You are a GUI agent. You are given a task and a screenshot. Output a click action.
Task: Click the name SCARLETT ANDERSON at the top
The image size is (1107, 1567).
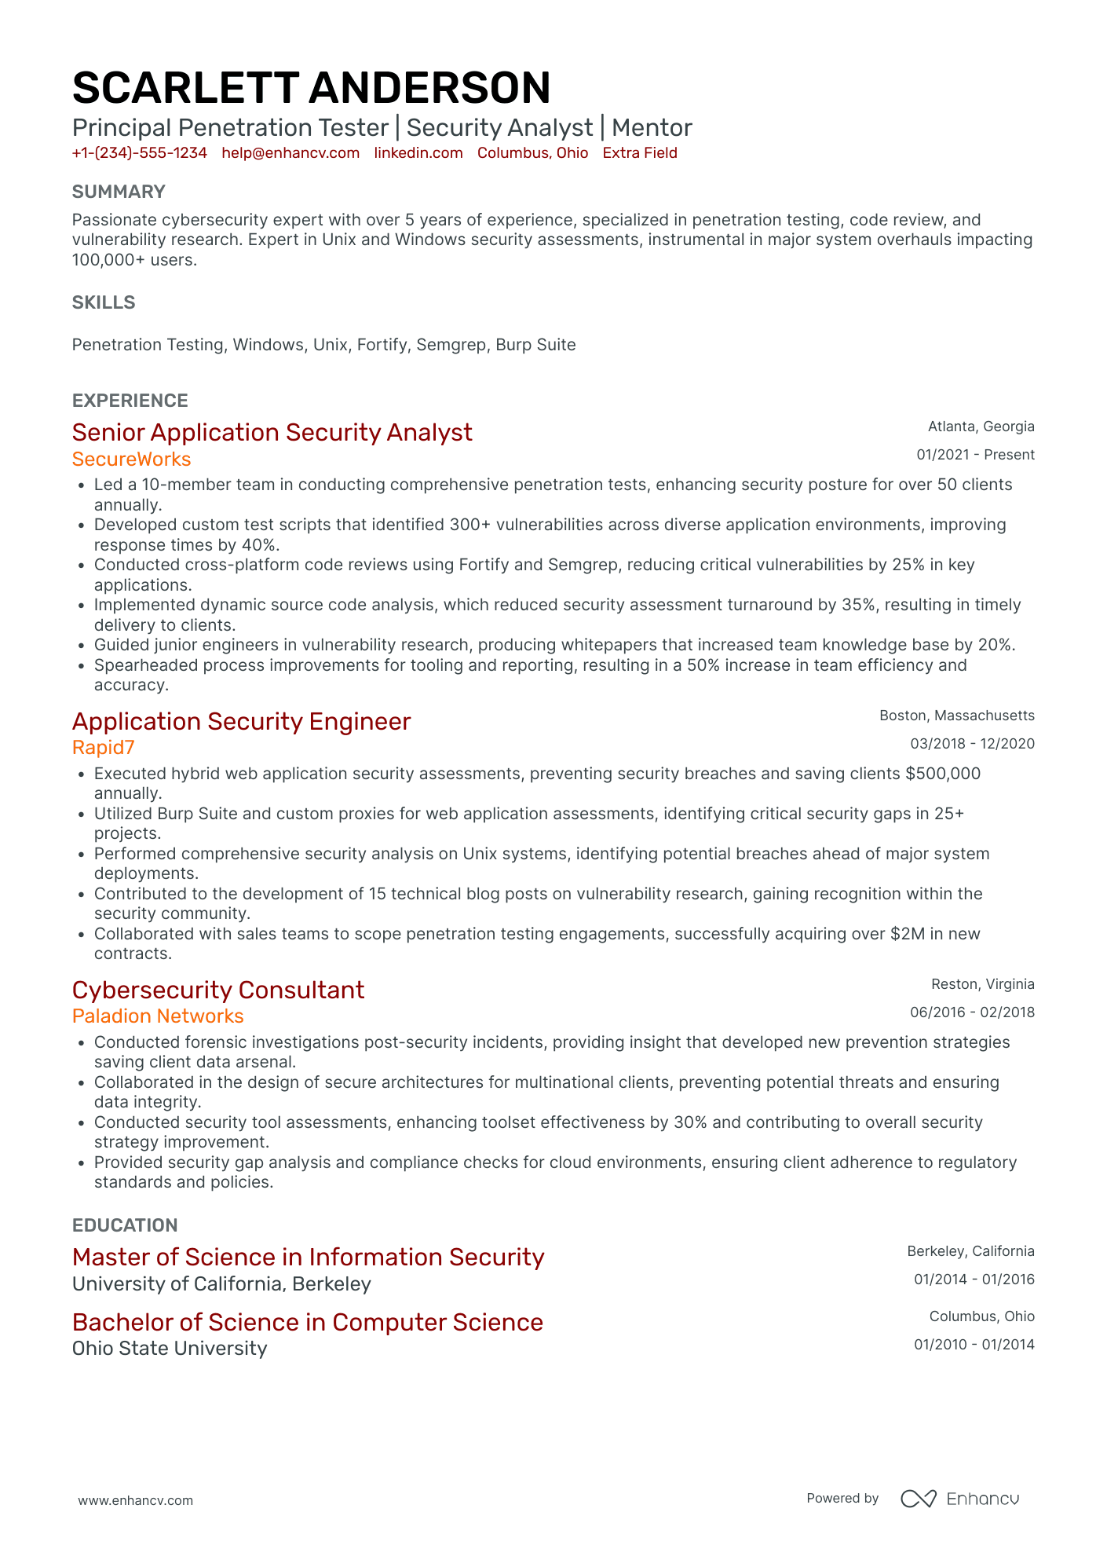311,88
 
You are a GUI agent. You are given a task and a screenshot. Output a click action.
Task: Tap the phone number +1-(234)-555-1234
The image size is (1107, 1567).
140,153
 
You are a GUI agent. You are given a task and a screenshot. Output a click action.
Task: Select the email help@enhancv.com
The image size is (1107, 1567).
290,153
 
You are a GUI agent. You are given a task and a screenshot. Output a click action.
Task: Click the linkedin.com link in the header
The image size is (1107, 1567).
418,153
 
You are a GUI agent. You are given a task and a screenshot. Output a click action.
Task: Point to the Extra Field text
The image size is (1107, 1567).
640,153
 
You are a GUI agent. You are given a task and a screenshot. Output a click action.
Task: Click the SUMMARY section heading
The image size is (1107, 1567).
119,192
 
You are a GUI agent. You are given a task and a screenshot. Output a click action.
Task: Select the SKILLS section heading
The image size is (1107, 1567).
104,302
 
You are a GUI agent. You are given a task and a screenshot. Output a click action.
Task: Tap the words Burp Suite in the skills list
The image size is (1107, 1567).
535,345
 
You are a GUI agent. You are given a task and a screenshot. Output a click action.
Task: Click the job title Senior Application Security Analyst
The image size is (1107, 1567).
272,433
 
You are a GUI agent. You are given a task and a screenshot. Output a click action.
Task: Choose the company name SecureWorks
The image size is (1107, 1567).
132,459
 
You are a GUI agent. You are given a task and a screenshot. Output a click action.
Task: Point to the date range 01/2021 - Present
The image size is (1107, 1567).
975,455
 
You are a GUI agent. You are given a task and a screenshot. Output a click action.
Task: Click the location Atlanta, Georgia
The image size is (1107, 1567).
981,427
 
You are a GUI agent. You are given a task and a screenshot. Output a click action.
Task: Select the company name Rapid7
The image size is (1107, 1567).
104,747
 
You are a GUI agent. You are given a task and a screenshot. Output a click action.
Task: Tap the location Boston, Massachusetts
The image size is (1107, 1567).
956,716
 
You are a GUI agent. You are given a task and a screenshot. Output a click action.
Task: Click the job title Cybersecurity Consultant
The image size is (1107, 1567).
218,990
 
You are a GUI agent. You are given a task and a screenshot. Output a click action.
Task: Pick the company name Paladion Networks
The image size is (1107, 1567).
158,1016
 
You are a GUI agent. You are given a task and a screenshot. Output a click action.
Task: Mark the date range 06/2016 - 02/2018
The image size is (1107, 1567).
972,1012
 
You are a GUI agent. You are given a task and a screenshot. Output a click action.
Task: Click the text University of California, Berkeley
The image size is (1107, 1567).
221,1284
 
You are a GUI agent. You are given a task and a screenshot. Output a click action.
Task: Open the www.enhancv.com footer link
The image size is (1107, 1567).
135,1500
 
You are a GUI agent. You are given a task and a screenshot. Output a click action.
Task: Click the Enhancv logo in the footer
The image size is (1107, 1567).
959,1499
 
